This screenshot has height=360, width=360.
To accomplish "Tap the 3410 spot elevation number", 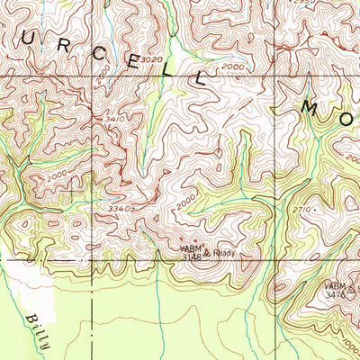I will pyautogui.click(x=114, y=119).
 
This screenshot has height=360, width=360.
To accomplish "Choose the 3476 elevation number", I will pyautogui.click(x=335, y=294).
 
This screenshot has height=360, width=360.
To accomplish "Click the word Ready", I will pyautogui.click(x=224, y=254).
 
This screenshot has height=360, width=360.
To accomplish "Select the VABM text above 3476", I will pyautogui.click(x=337, y=284).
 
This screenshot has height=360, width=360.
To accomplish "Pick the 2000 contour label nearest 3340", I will pyautogui.click(x=185, y=206).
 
